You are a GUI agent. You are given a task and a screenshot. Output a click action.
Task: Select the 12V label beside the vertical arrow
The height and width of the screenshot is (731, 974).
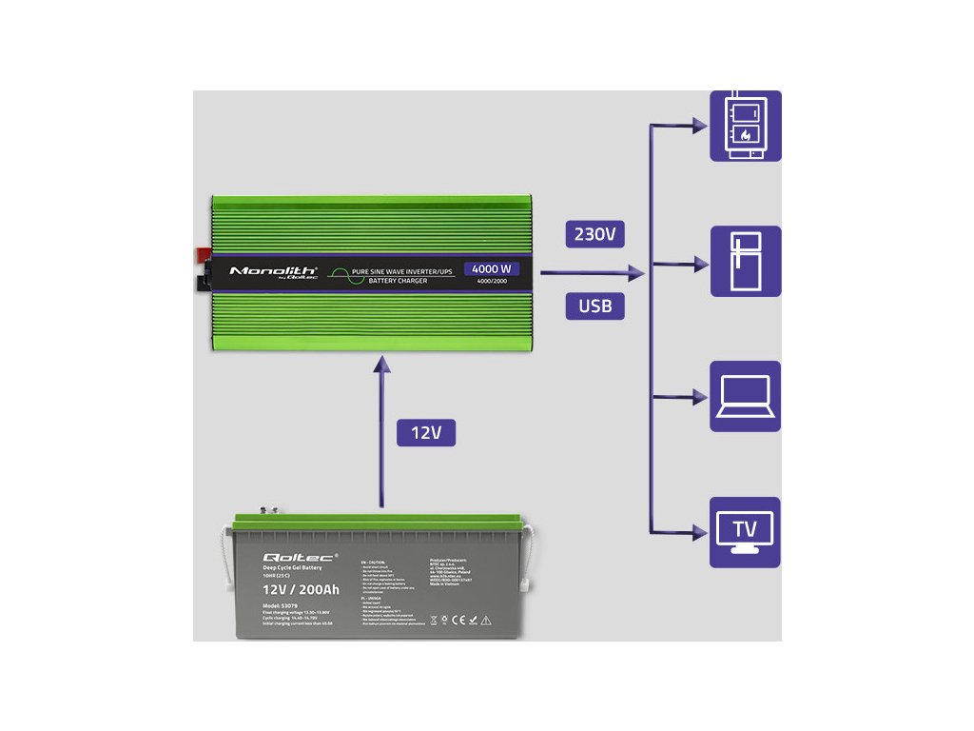(x=426, y=433)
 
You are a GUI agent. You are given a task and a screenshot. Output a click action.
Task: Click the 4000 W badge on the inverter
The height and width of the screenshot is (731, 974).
(x=491, y=268)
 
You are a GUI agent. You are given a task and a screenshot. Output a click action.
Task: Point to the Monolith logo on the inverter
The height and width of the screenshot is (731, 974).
(x=272, y=271)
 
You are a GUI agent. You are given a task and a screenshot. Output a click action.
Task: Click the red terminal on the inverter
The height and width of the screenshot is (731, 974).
(x=204, y=255)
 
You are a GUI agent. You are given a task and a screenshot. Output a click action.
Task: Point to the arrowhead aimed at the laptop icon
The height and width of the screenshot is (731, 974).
(x=702, y=397)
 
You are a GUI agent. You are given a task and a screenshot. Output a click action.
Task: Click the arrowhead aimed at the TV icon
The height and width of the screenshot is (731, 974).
(x=702, y=532)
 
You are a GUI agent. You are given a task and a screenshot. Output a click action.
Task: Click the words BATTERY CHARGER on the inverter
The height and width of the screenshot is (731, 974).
(x=397, y=281)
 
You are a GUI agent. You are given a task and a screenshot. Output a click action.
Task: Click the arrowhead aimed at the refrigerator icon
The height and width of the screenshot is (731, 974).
(x=702, y=263)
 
